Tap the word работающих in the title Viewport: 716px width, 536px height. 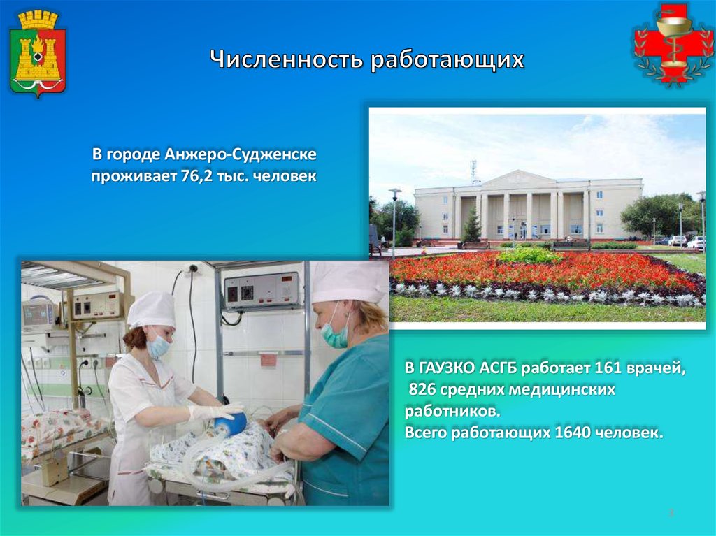point(447,61)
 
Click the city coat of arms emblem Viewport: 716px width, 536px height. point(38,54)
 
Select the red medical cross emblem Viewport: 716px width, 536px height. point(673,44)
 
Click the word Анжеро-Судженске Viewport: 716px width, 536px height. point(241,154)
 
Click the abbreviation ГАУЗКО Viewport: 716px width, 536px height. point(445,368)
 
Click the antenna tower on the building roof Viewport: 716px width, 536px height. point(473,171)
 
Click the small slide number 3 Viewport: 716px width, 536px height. point(671,512)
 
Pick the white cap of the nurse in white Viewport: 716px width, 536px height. point(152,310)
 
